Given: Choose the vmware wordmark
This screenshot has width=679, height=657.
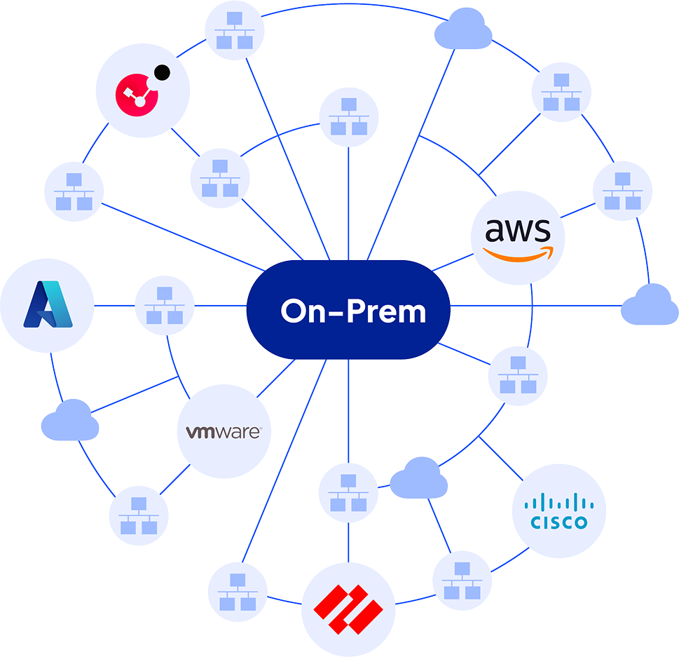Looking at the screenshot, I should (x=224, y=432).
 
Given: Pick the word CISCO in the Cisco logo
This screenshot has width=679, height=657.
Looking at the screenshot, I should (x=558, y=522).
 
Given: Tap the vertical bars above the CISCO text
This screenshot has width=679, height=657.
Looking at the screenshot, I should (x=558, y=502).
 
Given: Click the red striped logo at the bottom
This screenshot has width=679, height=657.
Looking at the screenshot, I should (x=348, y=604).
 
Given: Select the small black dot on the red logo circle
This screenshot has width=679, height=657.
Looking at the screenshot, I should (x=163, y=72).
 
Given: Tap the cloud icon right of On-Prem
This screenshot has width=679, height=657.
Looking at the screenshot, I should (x=649, y=305).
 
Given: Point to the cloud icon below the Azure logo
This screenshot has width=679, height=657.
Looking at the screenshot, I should (x=69, y=420).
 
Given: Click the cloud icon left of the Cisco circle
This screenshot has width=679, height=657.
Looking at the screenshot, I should (x=418, y=478).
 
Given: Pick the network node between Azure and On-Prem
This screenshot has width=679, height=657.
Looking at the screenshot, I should (x=164, y=306).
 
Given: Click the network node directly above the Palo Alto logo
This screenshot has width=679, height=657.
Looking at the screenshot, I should (x=348, y=493).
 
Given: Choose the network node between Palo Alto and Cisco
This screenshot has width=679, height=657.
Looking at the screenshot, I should (x=461, y=580).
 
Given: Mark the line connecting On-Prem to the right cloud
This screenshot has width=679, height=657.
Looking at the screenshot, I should (x=536, y=306).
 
